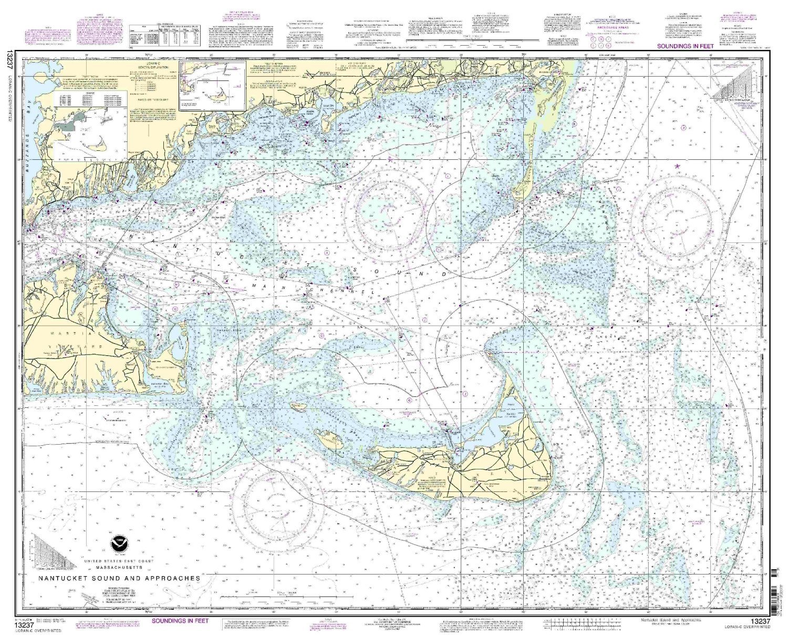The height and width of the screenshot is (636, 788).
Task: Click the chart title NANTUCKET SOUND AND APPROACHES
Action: [118, 578]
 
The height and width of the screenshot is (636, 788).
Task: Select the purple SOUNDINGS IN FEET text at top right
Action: [684, 47]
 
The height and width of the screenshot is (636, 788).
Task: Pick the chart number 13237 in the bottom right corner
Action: [760, 622]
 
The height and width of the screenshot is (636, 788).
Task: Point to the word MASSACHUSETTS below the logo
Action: [118, 568]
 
